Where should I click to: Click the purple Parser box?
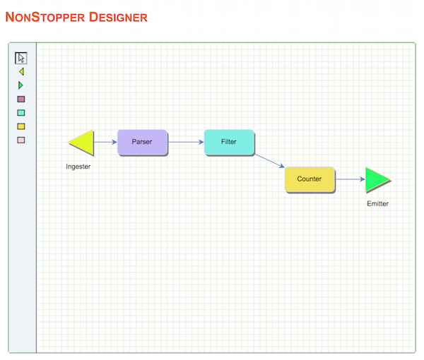(x=143, y=142)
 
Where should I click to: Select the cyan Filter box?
(x=229, y=142)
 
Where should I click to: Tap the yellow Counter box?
(x=310, y=179)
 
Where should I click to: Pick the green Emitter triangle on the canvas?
(x=377, y=180)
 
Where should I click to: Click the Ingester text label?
(x=78, y=167)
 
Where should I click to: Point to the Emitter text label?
(x=377, y=203)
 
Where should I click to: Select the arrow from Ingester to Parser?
(x=105, y=142)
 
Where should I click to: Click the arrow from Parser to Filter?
(x=186, y=142)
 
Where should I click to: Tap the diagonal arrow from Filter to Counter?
(x=270, y=161)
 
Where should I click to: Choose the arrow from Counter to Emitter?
(x=351, y=179)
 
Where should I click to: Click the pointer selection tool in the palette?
(x=20, y=58)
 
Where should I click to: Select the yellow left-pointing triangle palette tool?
(x=21, y=71)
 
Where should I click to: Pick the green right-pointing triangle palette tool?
(x=20, y=85)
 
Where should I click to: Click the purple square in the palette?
(x=21, y=99)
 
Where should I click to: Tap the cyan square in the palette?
(x=21, y=113)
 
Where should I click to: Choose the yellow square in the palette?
(x=21, y=126)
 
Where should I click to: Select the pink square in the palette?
(x=21, y=140)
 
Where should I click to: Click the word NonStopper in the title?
(x=45, y=17)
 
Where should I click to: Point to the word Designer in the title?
(x=118, y=17)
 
